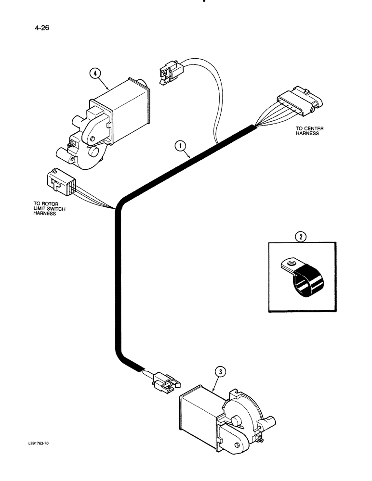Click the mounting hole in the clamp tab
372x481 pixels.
(x=290, y=263)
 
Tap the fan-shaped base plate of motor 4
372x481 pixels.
(x=89, y=161)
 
